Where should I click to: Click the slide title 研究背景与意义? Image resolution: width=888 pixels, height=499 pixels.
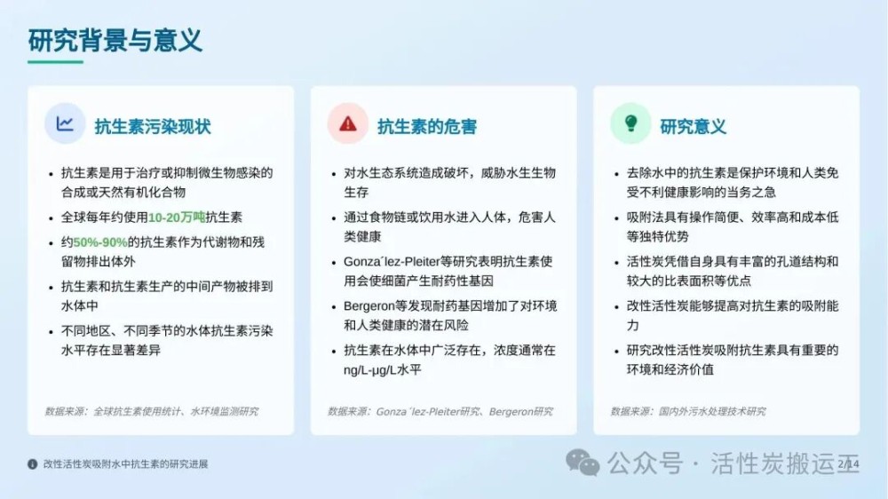coord(115,40)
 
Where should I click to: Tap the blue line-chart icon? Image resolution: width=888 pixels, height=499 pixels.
coord(65,123)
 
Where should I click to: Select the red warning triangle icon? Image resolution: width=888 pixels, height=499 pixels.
coord(348,123)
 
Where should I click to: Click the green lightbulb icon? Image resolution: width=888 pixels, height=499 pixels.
coord(630,123)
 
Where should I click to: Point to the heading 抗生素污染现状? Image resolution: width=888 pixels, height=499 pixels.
coord(153,126)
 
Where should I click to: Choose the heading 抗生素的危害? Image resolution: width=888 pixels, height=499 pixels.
coord(427,126)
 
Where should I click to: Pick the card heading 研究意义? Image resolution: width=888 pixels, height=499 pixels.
coord(694,126)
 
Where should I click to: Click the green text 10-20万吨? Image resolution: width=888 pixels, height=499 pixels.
coord(177,218)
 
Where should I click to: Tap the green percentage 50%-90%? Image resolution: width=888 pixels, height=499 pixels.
coord(100,242)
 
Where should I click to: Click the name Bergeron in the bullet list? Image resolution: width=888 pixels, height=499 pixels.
coord(369,306)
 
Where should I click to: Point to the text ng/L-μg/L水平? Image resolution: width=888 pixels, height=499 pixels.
coord(382,370)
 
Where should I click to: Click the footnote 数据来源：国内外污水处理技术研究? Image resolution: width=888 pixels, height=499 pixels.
coord(688,411)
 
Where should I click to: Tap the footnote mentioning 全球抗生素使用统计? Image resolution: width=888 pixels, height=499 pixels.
coord(152,411)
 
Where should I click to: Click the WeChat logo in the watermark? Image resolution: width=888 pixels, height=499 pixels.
coord(583,463)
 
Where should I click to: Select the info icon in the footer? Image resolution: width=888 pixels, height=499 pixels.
coord(33,464)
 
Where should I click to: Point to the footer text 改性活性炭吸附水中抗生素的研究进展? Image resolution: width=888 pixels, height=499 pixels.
coord(126,464)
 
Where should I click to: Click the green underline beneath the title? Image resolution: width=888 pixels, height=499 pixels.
coord(55,62)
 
